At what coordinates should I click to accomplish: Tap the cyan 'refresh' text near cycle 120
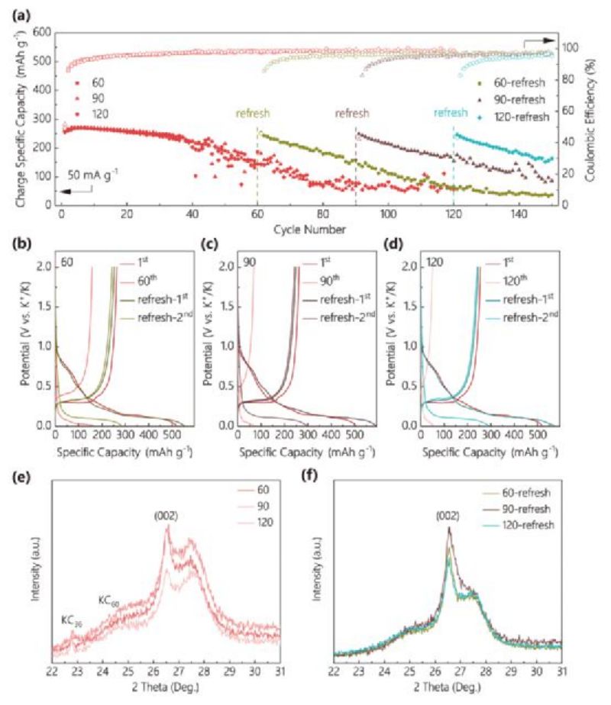[x=450, y=113]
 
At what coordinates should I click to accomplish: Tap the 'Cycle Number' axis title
[x=307, y=228]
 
